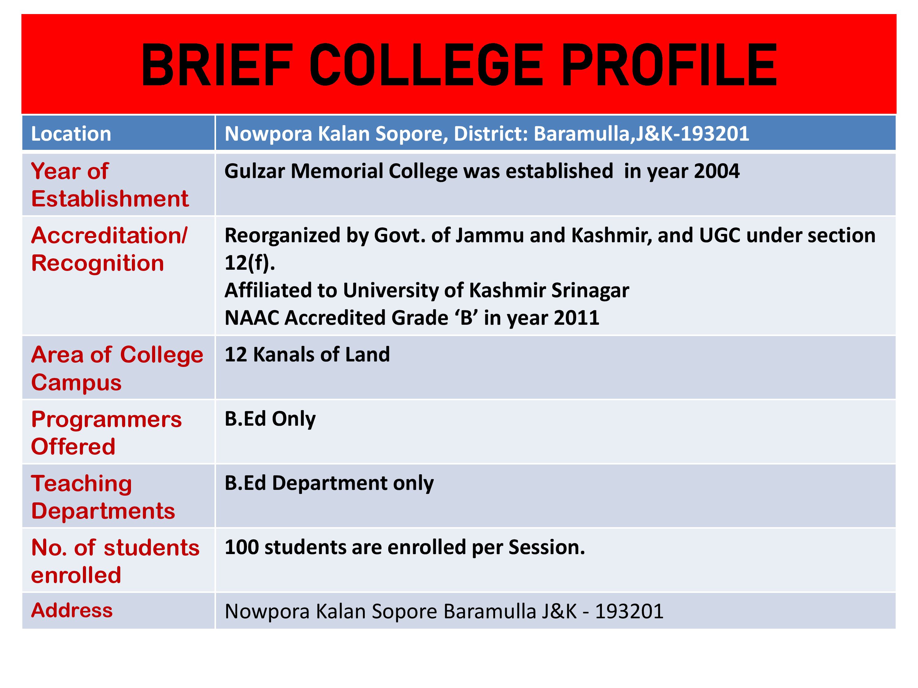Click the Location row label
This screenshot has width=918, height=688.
click(71, 134)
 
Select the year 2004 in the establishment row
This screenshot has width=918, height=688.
click(716, 171)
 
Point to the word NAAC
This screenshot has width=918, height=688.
click(252, 318)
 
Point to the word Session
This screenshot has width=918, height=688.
click(547, 547)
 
